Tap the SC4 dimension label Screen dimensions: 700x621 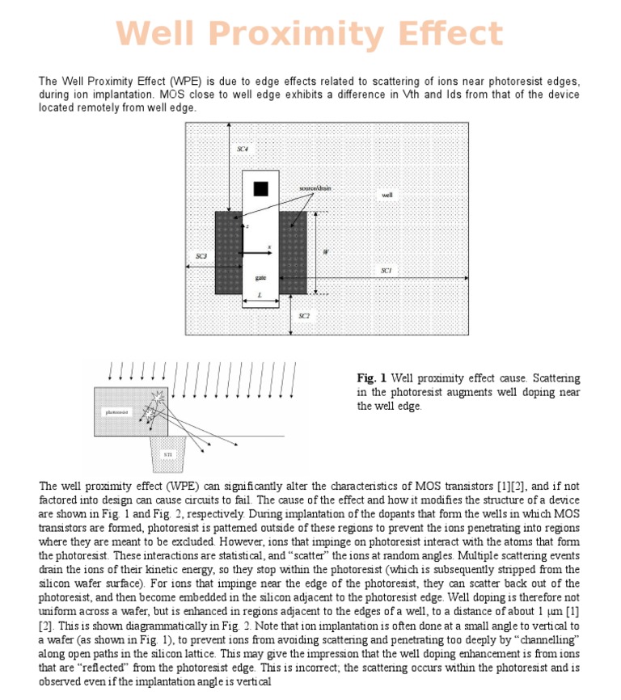pyautogui.click(x=243, y=150)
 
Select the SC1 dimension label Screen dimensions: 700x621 pyautogui.click(x=387, y=271)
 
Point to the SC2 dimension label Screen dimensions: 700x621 pyautogui.click(x=303, y=316)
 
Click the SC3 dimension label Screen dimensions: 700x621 pyautogui.click(x=201, y=256)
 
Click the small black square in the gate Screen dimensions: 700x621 pyautogui.click(x=260, y=188)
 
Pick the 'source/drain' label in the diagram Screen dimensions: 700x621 pyautogui.click(x=315, y=188)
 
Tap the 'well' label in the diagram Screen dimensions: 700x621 pyautogui.click(x=387, y=195)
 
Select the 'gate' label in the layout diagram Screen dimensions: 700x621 pyautogui.click(x=260, y=277)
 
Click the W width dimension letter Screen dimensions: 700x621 pyautogui.click(x=325, y=251)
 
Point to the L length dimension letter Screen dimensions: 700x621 pyautogui.click(x=259, y=296)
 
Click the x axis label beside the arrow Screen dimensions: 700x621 pyautogui.click(x=269, y=247)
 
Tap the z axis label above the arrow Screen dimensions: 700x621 pyautogui.click(x=247, y=227)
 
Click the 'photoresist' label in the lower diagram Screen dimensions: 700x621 pyautogui.click(x=117, y=412)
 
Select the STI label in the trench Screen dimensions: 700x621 pyautogui.click(x=167, y=455)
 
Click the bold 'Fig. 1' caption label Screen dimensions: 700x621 pyautogui.click(x=372, y=377)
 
